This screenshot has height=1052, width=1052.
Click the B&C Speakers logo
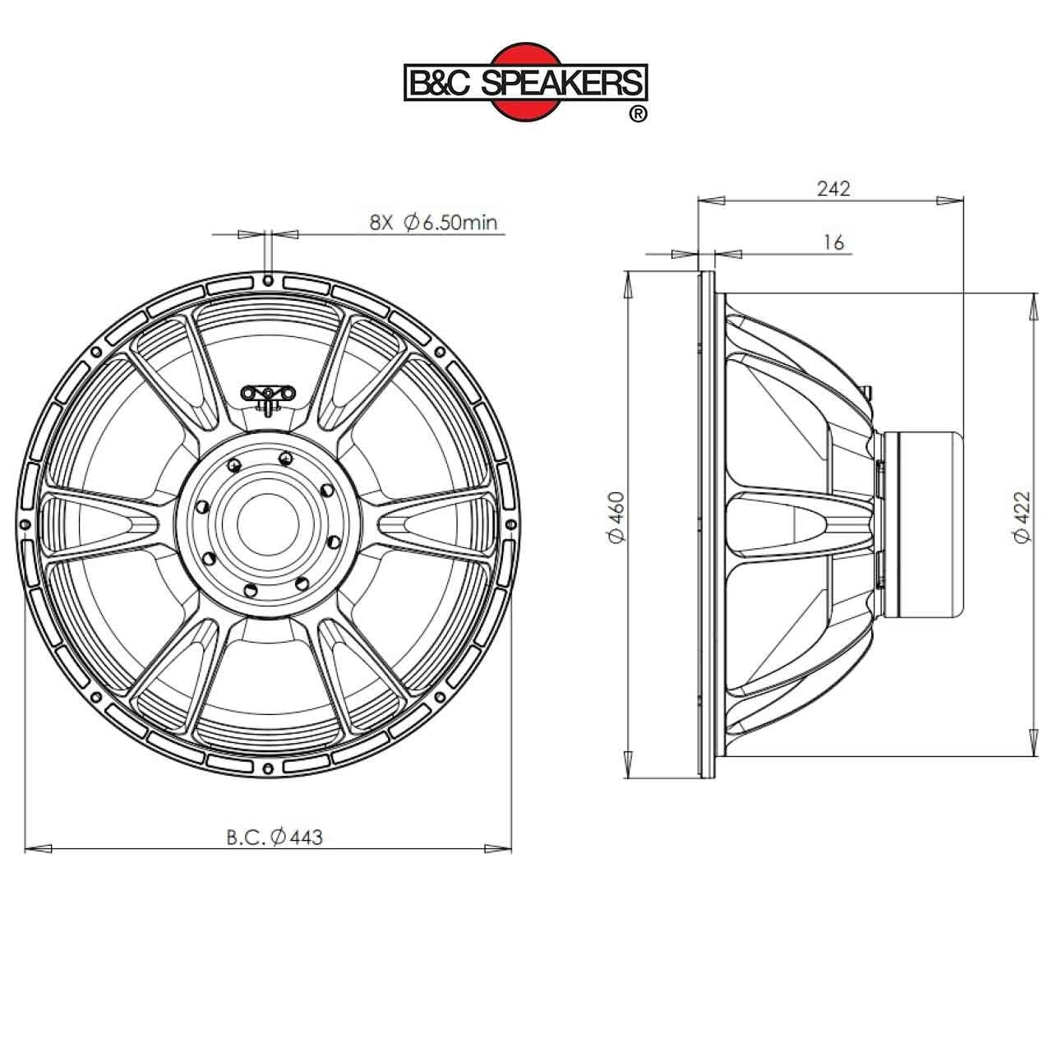pos(525,82)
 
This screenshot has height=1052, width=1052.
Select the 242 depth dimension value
pos(833,188)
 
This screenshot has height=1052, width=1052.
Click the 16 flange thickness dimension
pos(833,242)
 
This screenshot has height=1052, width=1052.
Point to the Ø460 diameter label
pos(616,517)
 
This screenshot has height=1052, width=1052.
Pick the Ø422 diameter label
pos(1022,517)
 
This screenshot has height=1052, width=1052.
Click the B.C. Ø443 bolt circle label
pos(275,837)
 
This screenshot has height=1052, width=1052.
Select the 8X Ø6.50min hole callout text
pos(433,222)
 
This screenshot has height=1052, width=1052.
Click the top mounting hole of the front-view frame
pos(268,280)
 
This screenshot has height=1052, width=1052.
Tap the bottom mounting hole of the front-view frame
pos(268,766)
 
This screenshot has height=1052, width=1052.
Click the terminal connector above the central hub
pos(268,394)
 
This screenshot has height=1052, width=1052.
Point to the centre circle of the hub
pos(268,523)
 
